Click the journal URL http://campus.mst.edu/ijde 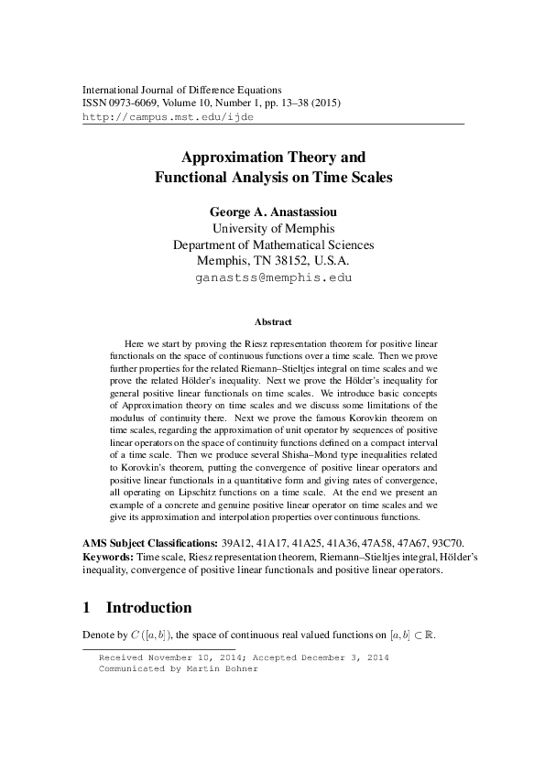pos(168,118)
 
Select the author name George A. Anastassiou pos(273,211)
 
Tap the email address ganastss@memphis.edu pos(273,276)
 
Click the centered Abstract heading pos(273,322)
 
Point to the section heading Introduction pos(149,607)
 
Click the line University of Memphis pos(273,228)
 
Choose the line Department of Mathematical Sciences pos(273,244)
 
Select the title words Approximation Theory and pos(273,157)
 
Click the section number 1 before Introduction pos(87,607)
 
